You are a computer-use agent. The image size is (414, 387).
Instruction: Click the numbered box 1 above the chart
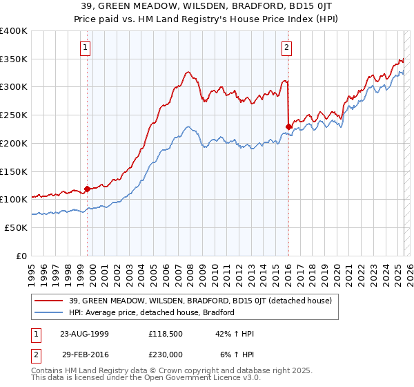click(x=85, y=48)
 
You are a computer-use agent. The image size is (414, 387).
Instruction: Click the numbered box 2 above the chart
click(x=286, y=48)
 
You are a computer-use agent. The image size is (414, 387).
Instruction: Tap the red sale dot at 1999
click(x=88, y=188)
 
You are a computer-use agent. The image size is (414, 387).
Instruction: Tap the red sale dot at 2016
click(x=288, y=126)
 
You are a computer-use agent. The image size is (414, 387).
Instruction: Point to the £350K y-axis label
click(x=14, y=59)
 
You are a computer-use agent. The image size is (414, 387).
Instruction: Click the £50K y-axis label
click(x=17, y=227)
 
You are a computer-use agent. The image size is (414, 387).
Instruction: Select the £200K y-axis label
click(x=14, y=143)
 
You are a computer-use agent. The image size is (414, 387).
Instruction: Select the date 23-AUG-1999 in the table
click(x=85, y=333)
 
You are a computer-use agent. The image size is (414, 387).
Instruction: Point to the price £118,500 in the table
click(x=167, y=333)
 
